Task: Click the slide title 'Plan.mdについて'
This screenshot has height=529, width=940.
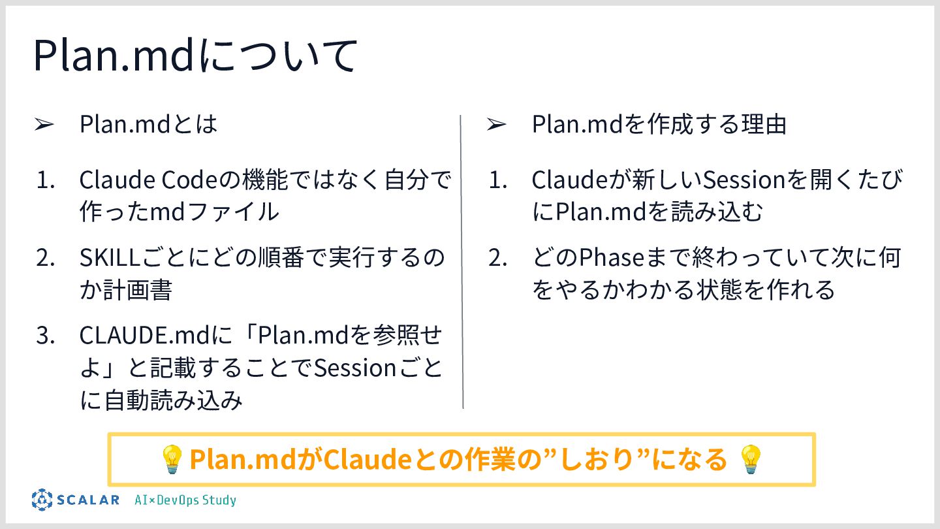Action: pos(195,57)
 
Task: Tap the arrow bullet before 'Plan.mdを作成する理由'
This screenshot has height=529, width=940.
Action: pos(496,124)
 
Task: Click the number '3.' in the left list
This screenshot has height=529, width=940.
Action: pos(45,336)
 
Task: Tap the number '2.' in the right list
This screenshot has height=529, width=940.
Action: pos(497,257)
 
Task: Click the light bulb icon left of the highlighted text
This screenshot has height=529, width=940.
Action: pos(172,459)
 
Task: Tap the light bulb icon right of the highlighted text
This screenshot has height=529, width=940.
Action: pos(751,459)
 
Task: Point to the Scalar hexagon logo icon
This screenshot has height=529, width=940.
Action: pos(42,500)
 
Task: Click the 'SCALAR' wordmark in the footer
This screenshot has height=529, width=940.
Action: pos(88,500)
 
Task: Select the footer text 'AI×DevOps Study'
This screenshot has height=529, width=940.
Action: pos(185,500)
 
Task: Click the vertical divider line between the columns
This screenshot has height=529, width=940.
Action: pos(462,261)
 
